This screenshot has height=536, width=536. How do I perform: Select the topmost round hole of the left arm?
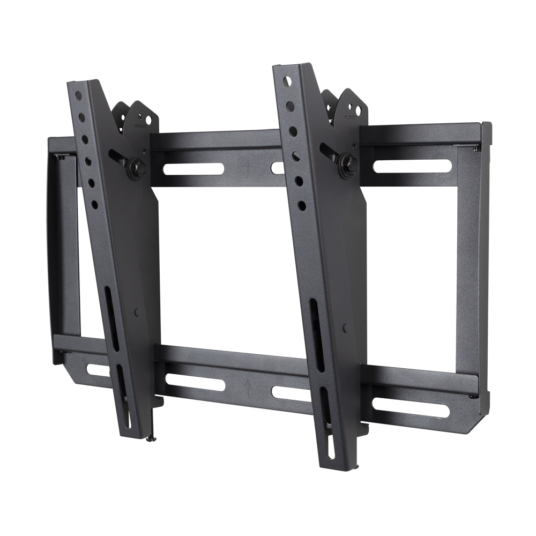click(78, 96)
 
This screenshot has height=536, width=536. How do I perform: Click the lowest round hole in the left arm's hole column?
click(95, 204)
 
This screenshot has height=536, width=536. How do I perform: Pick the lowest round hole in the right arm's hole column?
click(302, 204)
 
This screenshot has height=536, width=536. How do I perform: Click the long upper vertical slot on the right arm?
click(316, 333)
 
